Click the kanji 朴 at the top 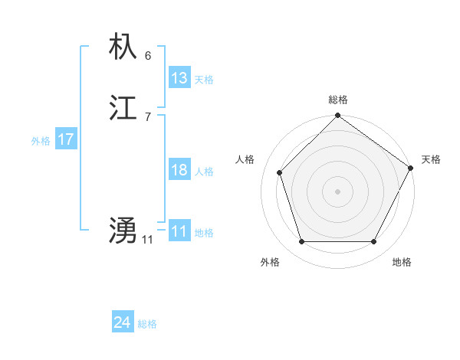point(123,47)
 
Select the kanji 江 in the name point(123,109)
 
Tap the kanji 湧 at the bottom point(123,231)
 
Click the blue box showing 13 point(179,78)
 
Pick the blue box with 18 point(179,170)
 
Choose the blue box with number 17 point(66,139)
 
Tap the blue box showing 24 point(122,322)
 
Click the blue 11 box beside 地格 point(179,231)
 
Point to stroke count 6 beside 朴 point(147,55)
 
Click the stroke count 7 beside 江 point(147,116)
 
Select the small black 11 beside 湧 point(147,240)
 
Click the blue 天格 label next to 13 point(204,80)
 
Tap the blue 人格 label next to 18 point(204,172)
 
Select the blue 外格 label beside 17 point(41,141)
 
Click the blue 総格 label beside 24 point(147,324)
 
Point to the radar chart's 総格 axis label point(338,100)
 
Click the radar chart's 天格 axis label point(431,159)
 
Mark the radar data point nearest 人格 point(280,172)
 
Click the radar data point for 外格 point(301,242)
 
